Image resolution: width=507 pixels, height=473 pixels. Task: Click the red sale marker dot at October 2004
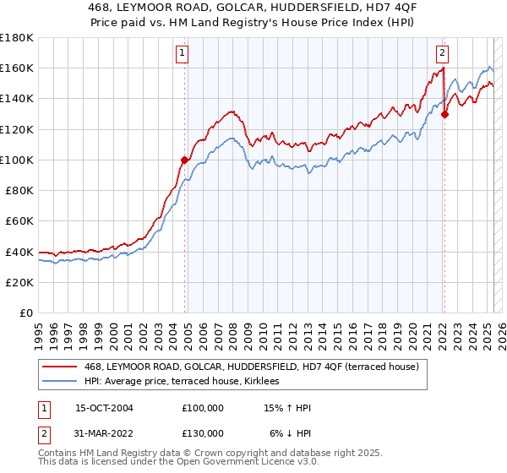[185, 159]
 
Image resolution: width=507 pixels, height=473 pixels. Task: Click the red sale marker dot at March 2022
[444, 114]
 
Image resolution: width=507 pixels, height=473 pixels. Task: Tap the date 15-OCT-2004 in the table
[104, 408]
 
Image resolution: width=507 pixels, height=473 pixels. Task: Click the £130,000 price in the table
[203, 432]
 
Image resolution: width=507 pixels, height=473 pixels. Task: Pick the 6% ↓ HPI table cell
[291, 432]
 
